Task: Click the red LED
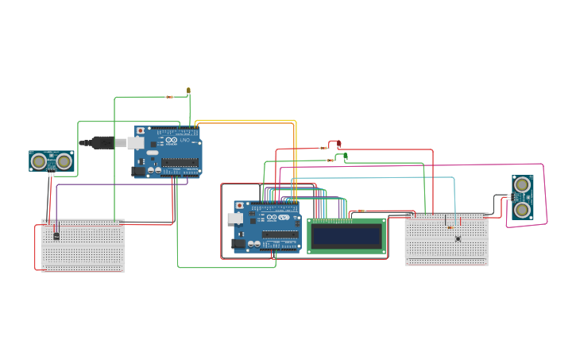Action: tap(339, 144)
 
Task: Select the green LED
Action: tap(346, 157)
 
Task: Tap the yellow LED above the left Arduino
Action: tap(188, 91)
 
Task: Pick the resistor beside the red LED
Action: tap(323, 148)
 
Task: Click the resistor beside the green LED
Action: tap(331, 161)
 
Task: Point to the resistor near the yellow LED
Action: tap(169, 97)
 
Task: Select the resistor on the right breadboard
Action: tap(449, 228)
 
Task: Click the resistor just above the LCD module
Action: tap(361, 211)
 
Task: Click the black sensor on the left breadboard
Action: tap(56, 234)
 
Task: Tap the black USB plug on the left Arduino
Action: tap(100, 143)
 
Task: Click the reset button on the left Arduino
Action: tap(141, 130)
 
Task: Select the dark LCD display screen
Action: tap(346, 236)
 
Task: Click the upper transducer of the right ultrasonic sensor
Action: tap(522, 185)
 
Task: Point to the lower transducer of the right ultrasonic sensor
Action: tap(522, 209)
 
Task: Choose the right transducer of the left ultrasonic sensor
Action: tap(64, 161)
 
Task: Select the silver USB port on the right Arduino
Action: tap(235, 218)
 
